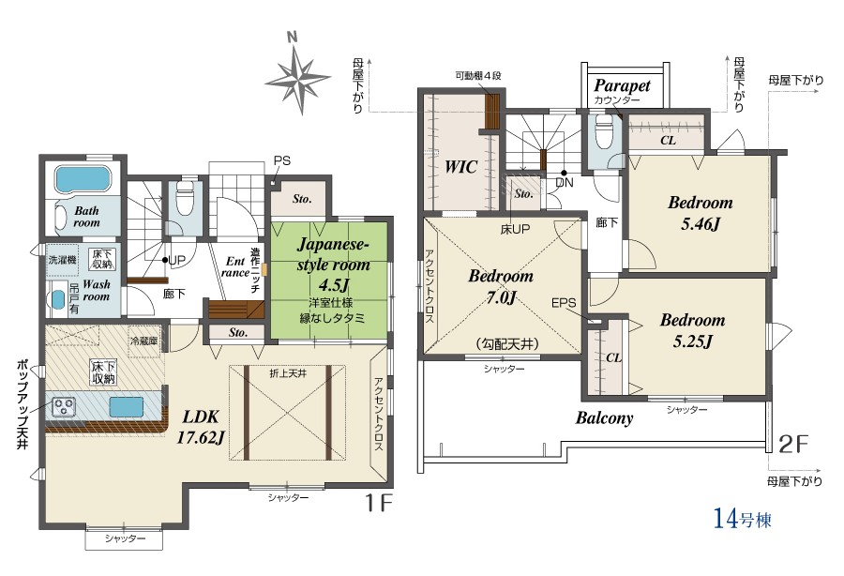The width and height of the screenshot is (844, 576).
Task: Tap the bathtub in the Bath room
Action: tap(83, 179)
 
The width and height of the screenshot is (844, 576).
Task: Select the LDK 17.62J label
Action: tap(201, 427)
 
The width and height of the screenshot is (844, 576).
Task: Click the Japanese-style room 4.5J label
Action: tap(333, 265)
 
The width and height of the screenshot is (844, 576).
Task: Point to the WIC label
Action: tap(460, 167)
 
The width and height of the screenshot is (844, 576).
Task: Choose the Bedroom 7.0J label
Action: tap(501, 286)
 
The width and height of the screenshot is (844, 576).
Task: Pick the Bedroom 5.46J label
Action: tap(701, 213)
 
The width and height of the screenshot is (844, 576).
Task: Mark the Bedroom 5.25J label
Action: tap(693, 330)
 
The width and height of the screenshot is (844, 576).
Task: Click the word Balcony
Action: tap(604, 417)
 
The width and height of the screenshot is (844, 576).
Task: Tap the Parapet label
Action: tap(623, 85)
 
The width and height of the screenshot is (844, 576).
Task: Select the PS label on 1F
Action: tap(281, 160)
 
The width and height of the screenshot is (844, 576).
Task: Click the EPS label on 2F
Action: tap(564, 303)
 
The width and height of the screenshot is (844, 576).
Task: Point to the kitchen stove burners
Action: tap(64, 406)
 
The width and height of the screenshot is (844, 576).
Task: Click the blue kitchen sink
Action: tap(127, 406)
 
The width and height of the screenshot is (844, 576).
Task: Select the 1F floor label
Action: tap(379, 504)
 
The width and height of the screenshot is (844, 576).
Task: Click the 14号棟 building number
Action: tap(742, 519)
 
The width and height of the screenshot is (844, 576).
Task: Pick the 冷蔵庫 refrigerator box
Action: tap(144, 341)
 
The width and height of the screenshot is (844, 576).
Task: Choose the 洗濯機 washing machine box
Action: tap(63, 260)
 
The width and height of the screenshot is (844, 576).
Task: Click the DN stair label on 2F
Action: tap(565, 183)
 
